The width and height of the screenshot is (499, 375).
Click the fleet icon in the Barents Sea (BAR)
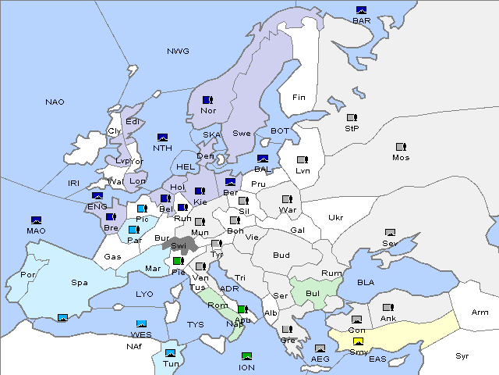click(x=361, y=10)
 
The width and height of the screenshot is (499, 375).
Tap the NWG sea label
click(x=178, y=51)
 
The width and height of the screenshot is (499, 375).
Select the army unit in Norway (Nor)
click(x=207, y=100)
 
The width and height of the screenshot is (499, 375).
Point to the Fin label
click(x=298, y=98)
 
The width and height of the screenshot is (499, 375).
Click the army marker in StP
click(x=352, y=118)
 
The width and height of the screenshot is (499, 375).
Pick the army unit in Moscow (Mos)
click(x=401, y=147)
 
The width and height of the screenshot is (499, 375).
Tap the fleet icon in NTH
click(x=162, y=137)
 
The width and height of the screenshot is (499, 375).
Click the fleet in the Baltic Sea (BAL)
click(x=263, y=159)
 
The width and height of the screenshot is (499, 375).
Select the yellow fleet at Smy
click(x=358, y=341)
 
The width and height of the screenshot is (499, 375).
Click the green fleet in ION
click(x=247, y=356)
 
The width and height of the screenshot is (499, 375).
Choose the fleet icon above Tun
click(x=170, y=342)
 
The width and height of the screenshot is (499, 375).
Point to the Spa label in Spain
click(x=80, y=282)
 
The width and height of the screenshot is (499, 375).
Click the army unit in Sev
click(x=390, y=233)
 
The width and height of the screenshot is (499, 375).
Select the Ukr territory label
click(x=335, y=218)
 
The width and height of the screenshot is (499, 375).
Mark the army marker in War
click(x=286, y=198)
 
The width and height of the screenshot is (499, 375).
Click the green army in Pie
click(x=179, y=261)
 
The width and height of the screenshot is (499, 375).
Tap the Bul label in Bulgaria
click(x=313, y=293)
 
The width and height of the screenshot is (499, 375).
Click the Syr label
click(x=463, y=355)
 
